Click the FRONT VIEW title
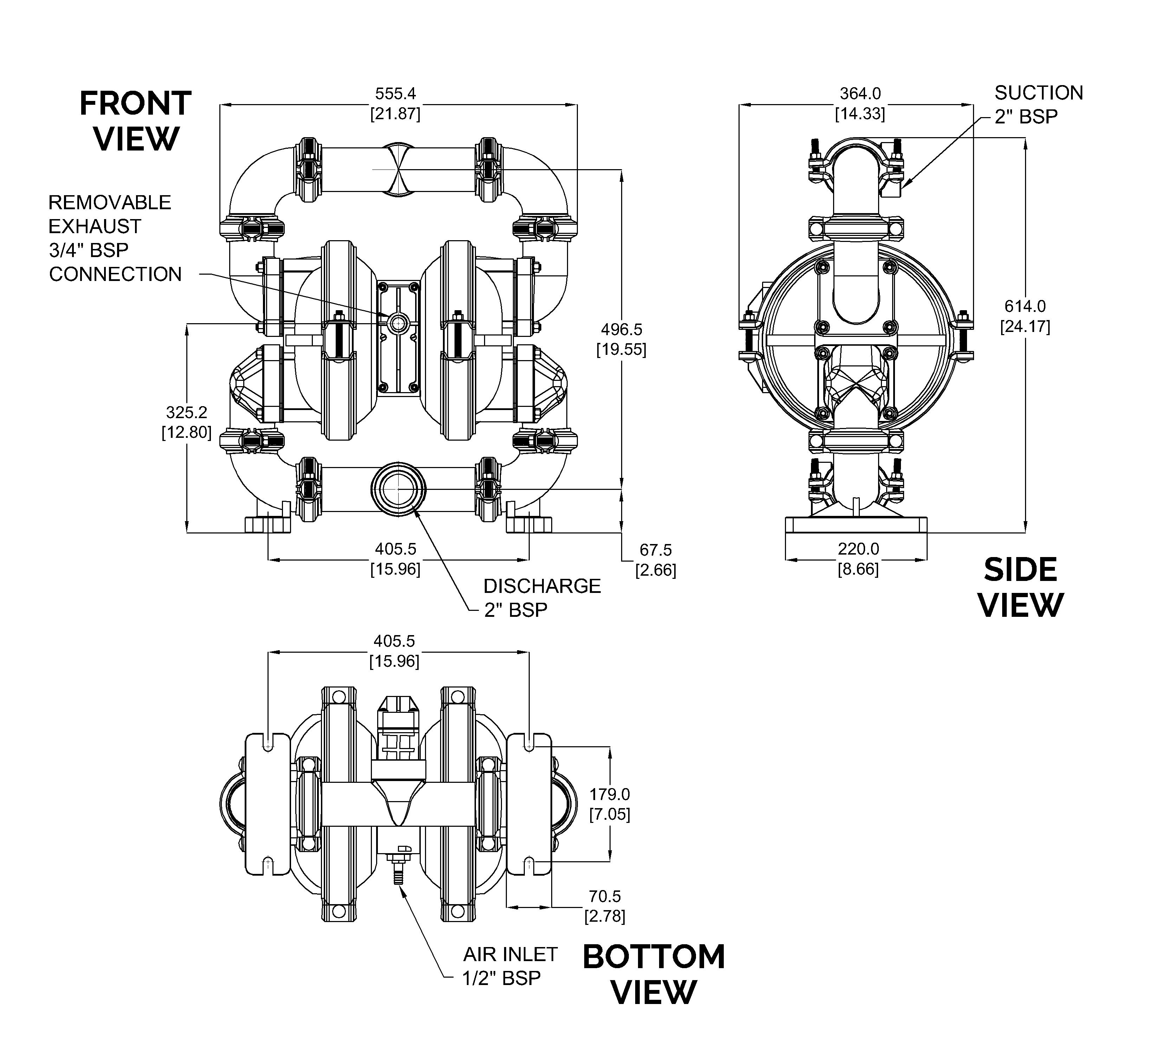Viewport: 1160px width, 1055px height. tap(135, 121)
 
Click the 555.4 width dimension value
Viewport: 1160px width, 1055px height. tap(395, 93)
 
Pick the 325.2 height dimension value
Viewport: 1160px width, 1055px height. tap(186, 412)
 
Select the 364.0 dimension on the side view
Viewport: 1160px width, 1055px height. tap(860, 93)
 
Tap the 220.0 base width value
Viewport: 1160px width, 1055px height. tap(858, 549)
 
